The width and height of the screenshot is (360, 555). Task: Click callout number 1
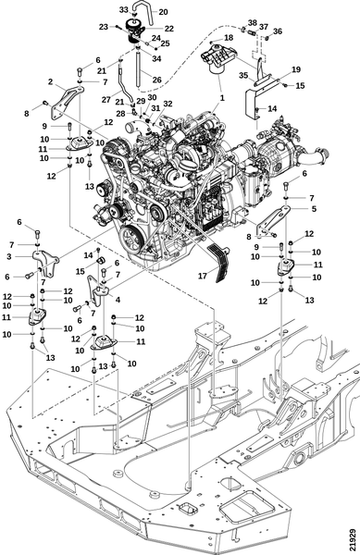click(222, 98)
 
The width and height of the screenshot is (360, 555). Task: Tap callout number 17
click(202, 276)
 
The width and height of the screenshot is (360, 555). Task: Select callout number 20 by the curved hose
click(163, 12)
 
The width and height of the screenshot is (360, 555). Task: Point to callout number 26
click(156, 80)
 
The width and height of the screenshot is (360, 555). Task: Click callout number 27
click(106, 100)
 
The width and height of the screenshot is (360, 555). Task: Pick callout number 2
click(51, 81)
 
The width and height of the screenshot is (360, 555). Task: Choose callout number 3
click(9, 256)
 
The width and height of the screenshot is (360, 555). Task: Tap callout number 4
click(118, 300)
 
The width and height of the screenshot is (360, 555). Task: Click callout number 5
click(314, 209)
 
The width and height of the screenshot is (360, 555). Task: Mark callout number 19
click(296, 69)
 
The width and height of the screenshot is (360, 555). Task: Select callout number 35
click(243, 75)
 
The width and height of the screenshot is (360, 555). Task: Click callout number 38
click(252, 22)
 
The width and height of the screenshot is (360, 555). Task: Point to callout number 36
click(278, 31)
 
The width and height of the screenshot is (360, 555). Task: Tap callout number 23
click(103, 27)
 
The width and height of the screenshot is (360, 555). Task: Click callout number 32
click(168, 104)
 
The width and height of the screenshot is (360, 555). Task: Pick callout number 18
click(229, 38)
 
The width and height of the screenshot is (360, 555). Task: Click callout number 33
click(123, 10)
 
